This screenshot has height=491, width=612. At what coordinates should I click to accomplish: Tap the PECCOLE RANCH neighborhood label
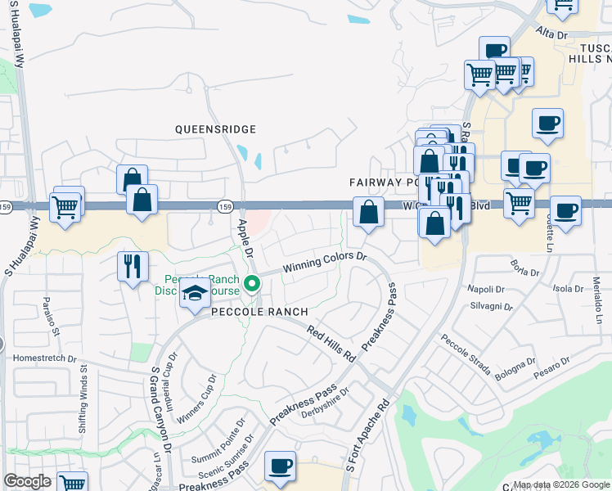click(259, 312)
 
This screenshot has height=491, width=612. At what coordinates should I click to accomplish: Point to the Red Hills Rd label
click(332, 345)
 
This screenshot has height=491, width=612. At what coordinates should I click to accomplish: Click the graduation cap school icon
click(195, 294)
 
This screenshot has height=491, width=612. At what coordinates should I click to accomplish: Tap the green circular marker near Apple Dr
click(253, 285)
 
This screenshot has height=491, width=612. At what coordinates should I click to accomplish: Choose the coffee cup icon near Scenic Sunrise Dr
click(281, 466)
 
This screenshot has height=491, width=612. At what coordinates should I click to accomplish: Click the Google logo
click(27, 481)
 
